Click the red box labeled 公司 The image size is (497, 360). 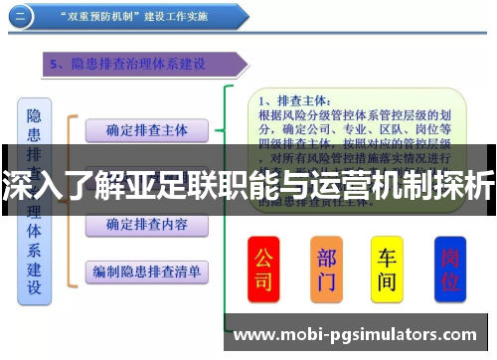(264, 269)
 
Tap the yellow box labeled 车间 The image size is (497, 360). (388, 269)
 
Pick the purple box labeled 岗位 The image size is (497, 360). (450, 269)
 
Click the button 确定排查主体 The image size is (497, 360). (146, 129)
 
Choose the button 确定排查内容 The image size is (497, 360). (146, 224)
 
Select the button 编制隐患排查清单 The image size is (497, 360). (146, 270)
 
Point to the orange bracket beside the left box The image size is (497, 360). (71, 199)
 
